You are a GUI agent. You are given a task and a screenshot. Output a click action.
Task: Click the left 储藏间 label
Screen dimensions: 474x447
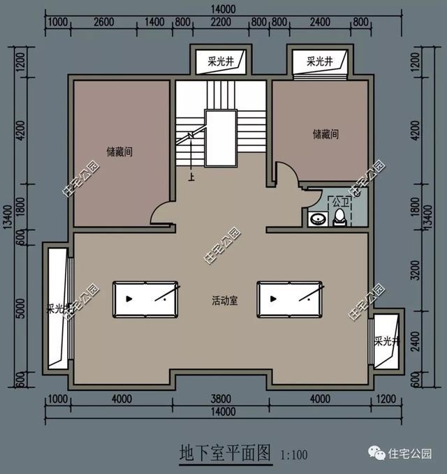click(x=119, y=151)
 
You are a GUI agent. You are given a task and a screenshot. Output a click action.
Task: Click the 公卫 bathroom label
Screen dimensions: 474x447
click(x=339, y=202)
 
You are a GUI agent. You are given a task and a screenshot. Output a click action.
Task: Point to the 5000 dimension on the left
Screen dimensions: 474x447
click(x=20, y=307)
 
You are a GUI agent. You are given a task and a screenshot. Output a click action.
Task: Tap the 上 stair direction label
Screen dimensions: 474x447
click(x=190, y=177)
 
